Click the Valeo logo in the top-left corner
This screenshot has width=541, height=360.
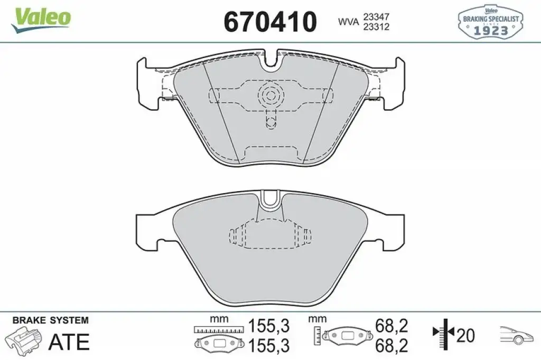pos(41,21)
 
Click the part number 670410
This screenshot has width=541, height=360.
pos(270,22)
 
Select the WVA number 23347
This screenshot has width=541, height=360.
pos(376,16)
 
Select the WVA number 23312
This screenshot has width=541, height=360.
pos(376,27)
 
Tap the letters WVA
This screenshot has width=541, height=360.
pos(348,22)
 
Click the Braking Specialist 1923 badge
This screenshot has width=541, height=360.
pos(490,22)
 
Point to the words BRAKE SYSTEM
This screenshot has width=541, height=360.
pos(50,320)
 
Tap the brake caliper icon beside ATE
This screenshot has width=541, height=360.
pos(24,340)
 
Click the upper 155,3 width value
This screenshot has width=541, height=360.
pos(269,326)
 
